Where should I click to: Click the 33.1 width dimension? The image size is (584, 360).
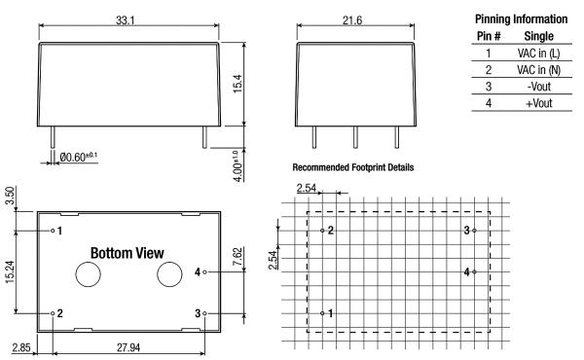click(x=125, y=20)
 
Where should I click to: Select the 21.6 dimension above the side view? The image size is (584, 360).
click(x=352, y=20)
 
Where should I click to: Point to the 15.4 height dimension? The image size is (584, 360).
click(x=237, y=84)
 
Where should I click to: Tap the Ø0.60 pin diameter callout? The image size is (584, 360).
click(x=78, y=157)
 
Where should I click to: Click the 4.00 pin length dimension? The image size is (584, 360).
click(x=237, y=166)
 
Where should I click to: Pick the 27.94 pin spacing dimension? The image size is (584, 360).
click(x=128, y=347)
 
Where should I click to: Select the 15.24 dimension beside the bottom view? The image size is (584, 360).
click(x=10, y=271)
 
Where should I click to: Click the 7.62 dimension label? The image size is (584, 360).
click(x=237, y=257)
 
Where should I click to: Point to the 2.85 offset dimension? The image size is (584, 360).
click(x=21, y=347)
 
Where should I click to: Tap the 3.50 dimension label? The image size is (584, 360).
click(x=10, y=196)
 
